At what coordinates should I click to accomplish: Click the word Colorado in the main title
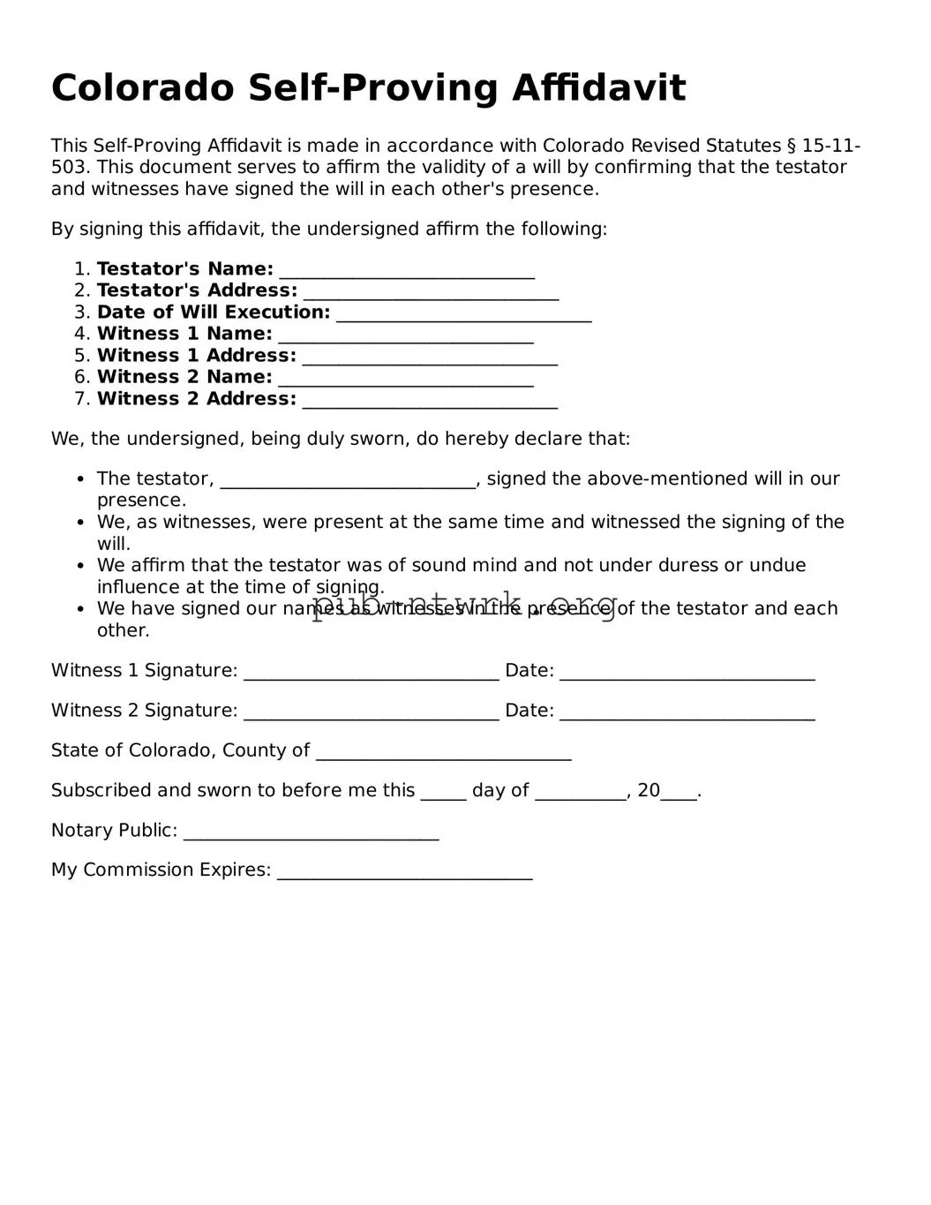(143, 88)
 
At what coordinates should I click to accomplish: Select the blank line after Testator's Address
(431, 292)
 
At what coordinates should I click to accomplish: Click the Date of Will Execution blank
(463, 314)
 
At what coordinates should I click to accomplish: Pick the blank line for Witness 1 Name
(406, 335)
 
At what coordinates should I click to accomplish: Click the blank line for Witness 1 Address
(430, 358)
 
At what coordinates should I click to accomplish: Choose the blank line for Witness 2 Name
(406, 379)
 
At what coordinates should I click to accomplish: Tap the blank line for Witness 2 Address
(430, 401)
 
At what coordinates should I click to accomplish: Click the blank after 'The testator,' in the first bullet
(348, 480)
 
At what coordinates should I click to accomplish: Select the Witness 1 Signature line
(371, 673)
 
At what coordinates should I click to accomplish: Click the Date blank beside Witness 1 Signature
(687, 673)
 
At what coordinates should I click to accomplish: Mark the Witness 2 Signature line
(371, 712)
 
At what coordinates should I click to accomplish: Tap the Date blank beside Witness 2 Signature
(687, 712)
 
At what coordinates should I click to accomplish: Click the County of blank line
(443, 752)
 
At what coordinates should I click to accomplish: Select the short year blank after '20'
(679, 792)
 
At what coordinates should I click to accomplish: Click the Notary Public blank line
(311, 832)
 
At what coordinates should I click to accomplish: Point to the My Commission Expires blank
(404, 872)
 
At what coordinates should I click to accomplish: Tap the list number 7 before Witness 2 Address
(81, 399)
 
